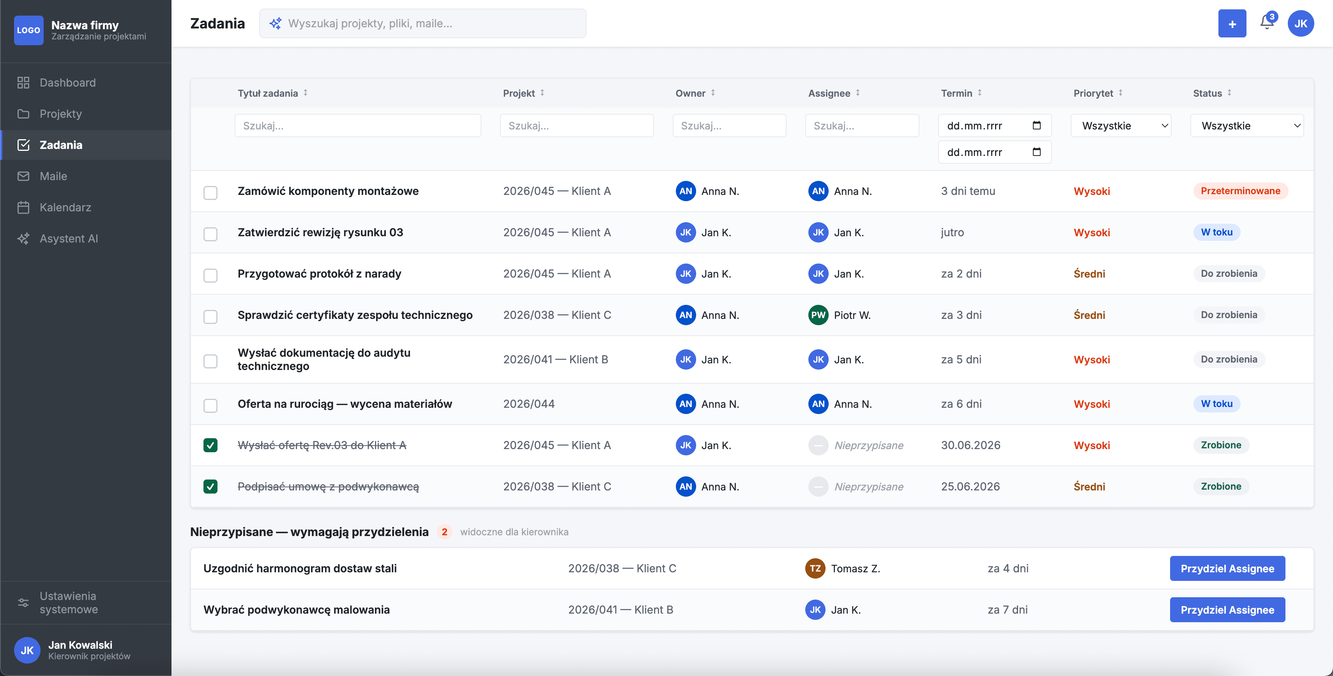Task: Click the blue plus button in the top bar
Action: (x=1232, y=24)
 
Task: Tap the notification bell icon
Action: (x=1267, y=23)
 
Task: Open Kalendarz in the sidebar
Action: (x=65, y=207)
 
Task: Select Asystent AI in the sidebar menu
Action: (x=68, y=239)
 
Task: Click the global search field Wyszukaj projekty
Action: (x=422, y=23)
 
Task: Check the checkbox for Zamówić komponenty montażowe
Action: (x=210, y=193)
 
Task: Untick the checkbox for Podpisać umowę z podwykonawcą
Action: (x=210, y=487)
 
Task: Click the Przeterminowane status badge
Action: (x=1240, y=191)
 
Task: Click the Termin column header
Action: (x=956, y=93)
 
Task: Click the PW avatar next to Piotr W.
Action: (x=818, y=315)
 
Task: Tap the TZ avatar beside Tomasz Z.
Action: (x=815, y=568)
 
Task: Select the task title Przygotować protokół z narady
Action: (x=319, y=274)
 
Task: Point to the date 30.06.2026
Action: (x=970, y=445)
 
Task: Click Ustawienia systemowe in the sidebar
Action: (x=68, y=602)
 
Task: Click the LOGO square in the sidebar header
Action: (x=28, y=30)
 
